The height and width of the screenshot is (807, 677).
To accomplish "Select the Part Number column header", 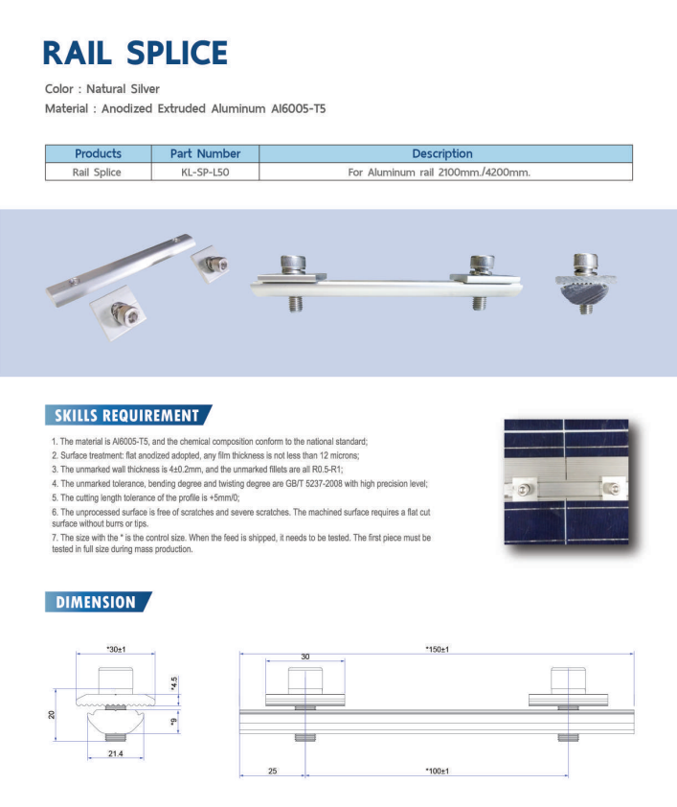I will (x=205, y=153).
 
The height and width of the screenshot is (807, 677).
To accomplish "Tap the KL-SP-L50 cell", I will (x=205, y=173).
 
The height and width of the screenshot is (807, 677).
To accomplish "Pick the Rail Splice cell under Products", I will (x=98, y=173).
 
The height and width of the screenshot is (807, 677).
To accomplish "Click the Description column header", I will (x=442, y=153).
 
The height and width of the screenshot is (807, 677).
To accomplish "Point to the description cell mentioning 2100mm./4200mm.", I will (x=442, y=173).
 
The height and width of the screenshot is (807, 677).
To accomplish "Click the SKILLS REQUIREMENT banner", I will (x=126, y=415).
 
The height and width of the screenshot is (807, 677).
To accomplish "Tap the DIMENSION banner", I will (x=96, y=602).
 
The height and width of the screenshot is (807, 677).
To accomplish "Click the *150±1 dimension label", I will (x=438, y=649).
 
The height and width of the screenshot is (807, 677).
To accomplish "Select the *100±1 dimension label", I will (x=437, y=770).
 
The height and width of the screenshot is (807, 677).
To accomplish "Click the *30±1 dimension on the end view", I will (x=117, y=650).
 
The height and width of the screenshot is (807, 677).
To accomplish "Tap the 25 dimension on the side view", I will (x=272, y=770).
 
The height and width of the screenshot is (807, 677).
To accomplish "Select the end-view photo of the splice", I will (x=584, y=284).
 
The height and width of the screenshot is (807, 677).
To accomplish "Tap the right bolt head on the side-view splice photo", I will (x=481, y=263).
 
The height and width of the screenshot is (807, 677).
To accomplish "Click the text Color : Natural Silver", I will (x=102, y=89).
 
